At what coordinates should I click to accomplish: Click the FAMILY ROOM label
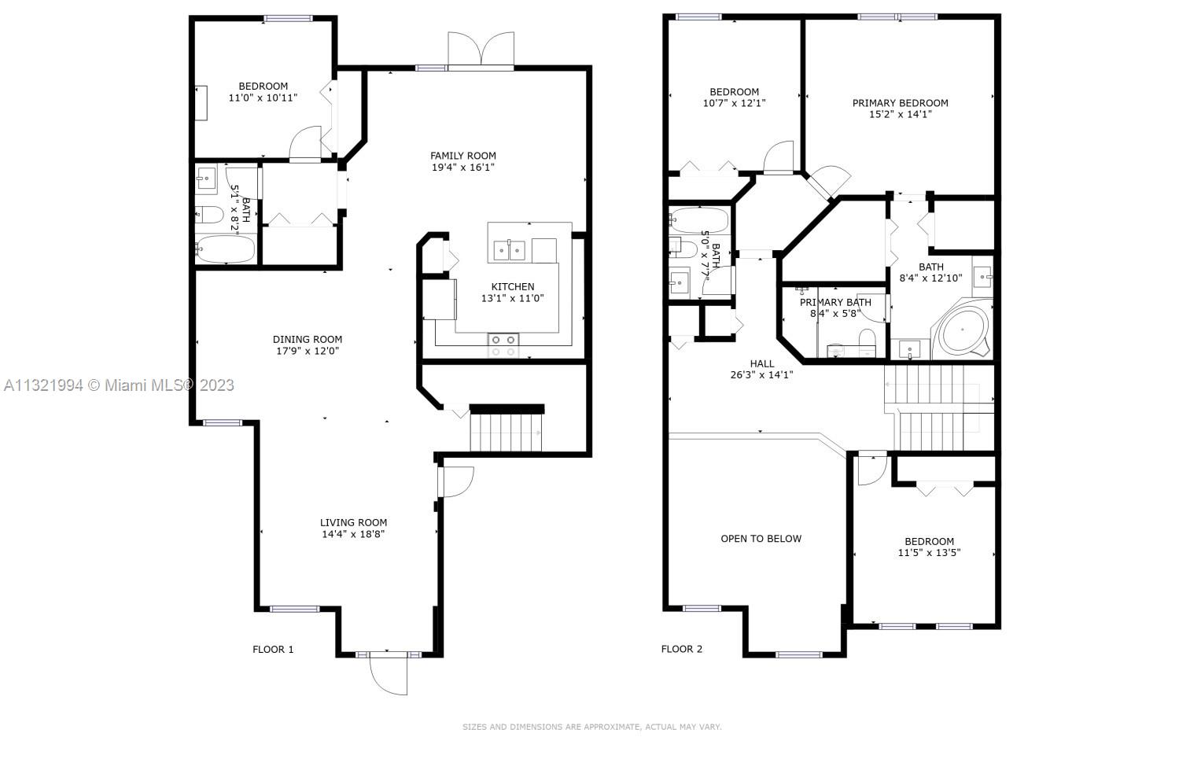point(462,156)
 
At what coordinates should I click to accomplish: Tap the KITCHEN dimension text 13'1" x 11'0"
point(513,298)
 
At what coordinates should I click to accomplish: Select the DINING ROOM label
point(308,339)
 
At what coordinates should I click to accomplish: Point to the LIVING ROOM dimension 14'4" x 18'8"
point(353,534)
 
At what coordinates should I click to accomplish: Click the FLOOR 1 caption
point(273,650)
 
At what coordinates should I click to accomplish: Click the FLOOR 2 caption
point(682,649)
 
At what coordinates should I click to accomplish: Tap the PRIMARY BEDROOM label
point(901,103)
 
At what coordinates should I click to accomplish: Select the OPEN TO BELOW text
point(761,538)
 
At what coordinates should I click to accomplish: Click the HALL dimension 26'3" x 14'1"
point(762,374)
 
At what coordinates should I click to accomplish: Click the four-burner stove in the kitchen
point(503,345)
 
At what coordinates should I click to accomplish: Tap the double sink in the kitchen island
point(510,250)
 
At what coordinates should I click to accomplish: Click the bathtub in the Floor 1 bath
point(225,249)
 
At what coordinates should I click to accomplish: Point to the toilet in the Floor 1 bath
point(210,216)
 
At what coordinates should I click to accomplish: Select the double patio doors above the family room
point(481,50)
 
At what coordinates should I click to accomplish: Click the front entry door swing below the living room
point(389,674)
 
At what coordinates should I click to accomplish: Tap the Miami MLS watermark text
point(120,385)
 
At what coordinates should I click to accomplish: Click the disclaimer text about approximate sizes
point(591,727)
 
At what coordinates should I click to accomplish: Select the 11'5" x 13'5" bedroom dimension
point(929,553)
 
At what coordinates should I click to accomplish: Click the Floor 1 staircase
point(507,431)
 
